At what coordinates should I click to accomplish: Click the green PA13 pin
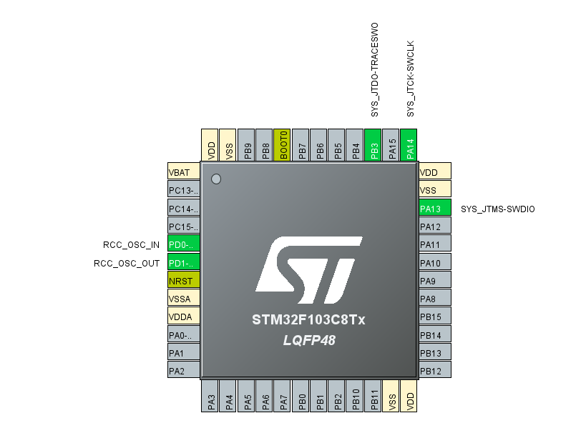click(x=434, y=209)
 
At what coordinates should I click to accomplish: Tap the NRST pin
click(x=183, y=281)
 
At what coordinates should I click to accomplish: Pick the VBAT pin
click(x=183, y=172)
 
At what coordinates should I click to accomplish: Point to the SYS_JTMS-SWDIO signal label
click(x=498, y=209)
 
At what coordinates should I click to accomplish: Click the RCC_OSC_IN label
click(x=132, y=244)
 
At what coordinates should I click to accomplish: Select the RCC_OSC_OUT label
click(x=127, y=263)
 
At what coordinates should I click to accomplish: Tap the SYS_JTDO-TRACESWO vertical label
click(x=374, y=70)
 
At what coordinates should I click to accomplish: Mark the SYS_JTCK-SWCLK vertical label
click(x=411, y=79)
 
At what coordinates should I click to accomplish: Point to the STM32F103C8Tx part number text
click(x=308, y=320)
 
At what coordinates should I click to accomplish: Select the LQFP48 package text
click(x=309, y=341)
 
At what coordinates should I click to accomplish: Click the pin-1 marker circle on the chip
click(x=216, y=179)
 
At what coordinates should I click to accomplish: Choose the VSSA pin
click(x=183, y=299)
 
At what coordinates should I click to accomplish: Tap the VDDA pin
click(x=183, y=317)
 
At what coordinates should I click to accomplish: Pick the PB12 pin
click(x=434, y=371)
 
